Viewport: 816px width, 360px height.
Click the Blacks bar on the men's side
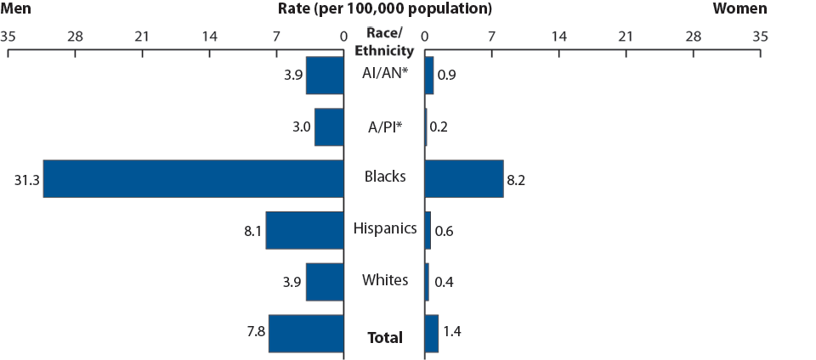tap(193, 178)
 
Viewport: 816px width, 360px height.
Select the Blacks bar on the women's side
tap(463, 178)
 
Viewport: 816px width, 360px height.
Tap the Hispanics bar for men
tap(304, 230)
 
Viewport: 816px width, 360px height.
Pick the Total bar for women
tap(431, 333)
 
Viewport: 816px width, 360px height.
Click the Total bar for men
tap(306, 333)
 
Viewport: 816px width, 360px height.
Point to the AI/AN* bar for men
tap(325, 76)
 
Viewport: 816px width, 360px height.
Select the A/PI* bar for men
tap(329, 127)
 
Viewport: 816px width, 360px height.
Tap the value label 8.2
tap(517, 179)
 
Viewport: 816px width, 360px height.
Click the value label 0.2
tap(439, 127)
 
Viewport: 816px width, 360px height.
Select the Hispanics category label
tap(385, 228)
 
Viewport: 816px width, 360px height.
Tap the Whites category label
tap(385, 280)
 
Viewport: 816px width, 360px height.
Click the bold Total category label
tap(385, 338)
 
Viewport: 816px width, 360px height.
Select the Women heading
tap(739, 9)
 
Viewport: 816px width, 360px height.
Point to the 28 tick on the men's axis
tap(75, 37)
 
